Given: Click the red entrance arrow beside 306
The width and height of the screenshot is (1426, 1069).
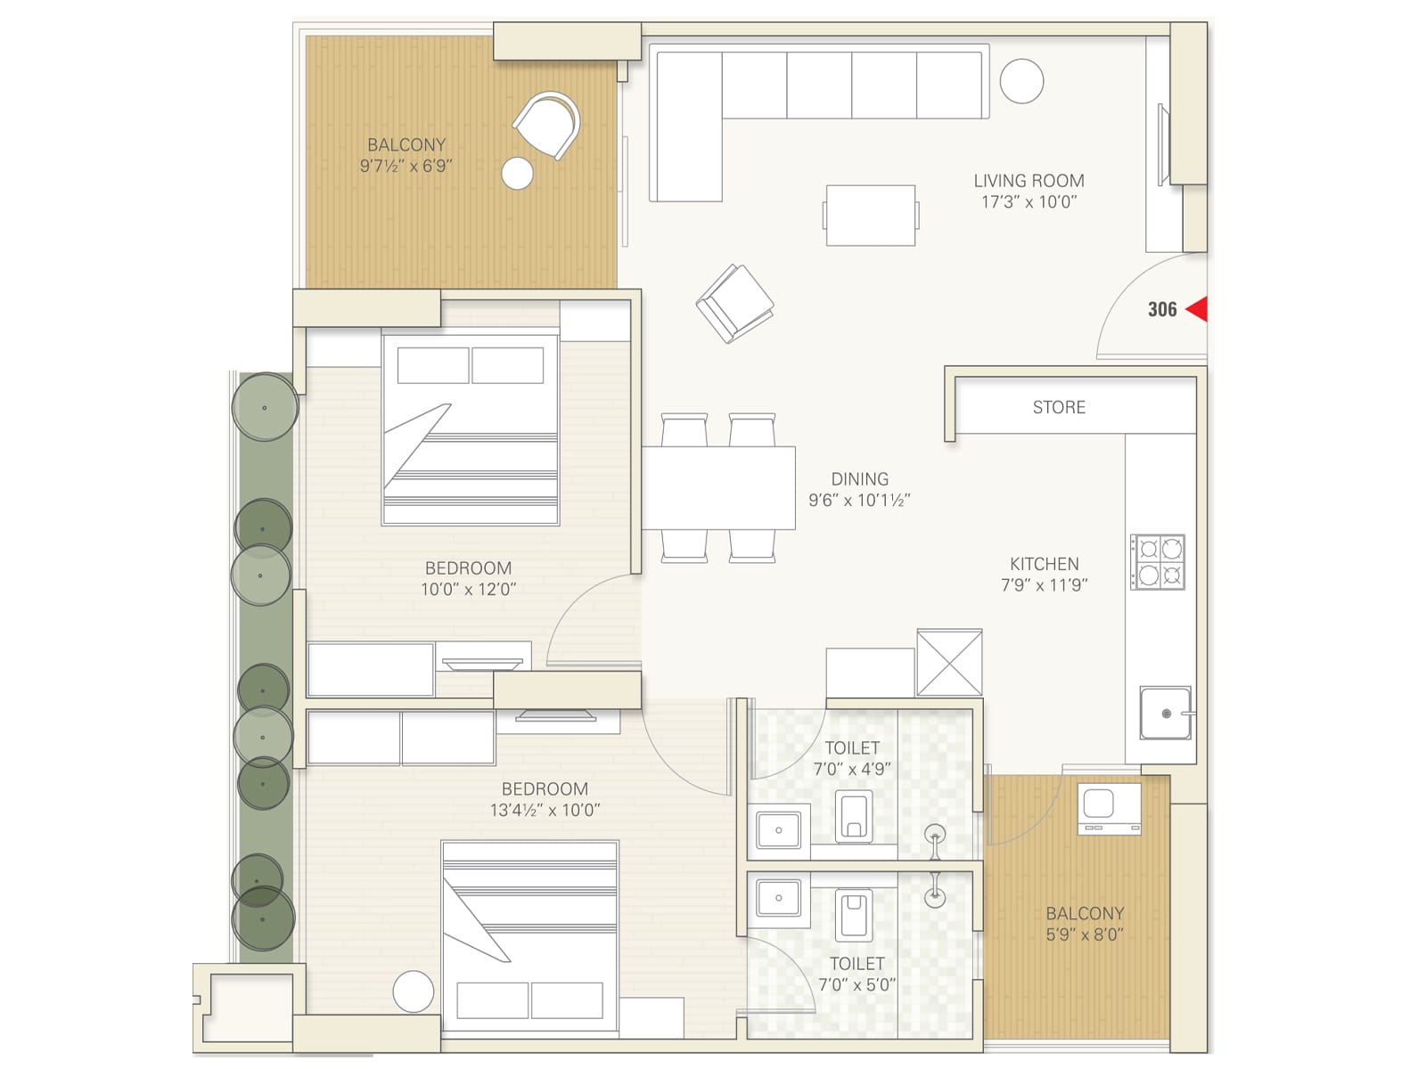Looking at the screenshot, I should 1198,309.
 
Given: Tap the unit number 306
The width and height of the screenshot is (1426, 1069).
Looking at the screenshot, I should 1161,309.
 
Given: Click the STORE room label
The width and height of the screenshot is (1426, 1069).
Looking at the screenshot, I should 1059,407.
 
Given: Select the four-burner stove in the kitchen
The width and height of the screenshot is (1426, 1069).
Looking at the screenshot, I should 1158,562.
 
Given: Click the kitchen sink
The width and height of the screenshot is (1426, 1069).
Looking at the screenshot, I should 1166,713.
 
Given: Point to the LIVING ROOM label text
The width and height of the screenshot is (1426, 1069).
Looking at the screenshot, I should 1029,181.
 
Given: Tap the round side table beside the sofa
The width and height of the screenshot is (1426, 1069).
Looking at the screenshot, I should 1021,81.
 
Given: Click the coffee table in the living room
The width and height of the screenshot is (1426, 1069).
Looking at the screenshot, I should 871,215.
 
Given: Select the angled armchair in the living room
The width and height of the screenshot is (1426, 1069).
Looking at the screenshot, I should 735,303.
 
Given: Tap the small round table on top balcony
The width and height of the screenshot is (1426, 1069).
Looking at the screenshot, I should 517,173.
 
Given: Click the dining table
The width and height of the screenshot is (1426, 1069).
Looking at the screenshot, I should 718,488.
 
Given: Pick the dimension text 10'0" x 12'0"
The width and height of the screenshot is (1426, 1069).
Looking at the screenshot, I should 468,589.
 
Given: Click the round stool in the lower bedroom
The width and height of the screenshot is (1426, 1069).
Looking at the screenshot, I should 413,991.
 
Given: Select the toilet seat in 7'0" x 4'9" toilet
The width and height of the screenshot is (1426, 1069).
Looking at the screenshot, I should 854,817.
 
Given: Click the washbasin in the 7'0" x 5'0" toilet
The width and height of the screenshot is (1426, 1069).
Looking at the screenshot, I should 778,898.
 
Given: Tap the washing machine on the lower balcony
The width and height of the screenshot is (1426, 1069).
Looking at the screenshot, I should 1109,809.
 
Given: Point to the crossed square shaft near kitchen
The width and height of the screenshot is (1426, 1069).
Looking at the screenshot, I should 949,662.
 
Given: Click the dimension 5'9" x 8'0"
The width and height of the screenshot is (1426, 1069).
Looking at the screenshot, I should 1084,934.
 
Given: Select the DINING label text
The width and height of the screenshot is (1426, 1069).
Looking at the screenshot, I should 859,479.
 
